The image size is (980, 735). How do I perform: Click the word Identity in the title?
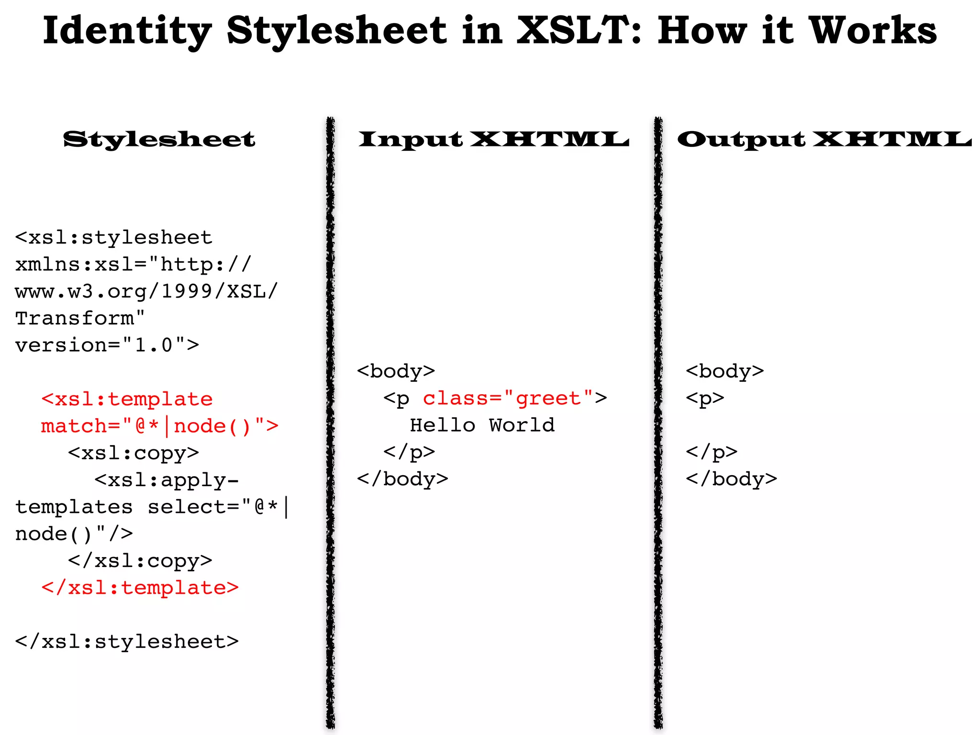127,31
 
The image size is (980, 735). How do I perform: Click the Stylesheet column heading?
159,139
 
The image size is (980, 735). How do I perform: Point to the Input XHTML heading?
493,139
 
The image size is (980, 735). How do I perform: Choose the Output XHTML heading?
824,139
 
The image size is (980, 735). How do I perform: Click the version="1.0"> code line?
107,345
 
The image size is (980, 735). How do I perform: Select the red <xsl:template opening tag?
127,399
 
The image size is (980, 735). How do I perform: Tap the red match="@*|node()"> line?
159,426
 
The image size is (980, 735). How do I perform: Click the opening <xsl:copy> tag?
133,453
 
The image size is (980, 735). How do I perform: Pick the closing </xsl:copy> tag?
140,560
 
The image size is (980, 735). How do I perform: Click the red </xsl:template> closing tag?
140,588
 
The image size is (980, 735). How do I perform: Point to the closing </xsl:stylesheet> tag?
127,642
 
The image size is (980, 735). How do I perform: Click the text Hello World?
482,425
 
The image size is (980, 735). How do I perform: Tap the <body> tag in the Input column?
396,371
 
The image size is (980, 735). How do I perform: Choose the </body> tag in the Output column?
731,479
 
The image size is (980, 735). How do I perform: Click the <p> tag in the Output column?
705,398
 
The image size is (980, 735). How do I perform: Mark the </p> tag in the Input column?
409,452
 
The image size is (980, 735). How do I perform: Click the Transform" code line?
80,318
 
